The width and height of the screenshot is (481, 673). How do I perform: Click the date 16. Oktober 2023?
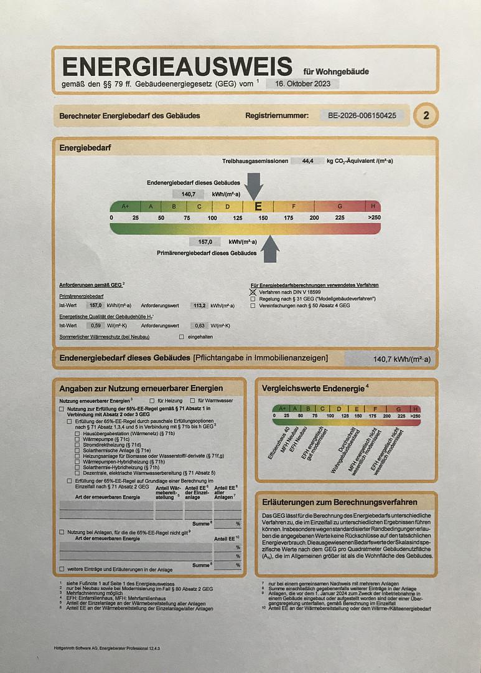coord(302,84)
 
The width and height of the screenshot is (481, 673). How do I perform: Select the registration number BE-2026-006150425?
coord(362,115)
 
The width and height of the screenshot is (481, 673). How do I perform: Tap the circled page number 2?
coord(426,115)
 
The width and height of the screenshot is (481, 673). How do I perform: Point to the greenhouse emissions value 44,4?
coord(307,161)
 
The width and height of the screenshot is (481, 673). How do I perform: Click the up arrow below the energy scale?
coord(270,249)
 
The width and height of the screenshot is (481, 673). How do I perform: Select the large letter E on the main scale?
coord(258,206)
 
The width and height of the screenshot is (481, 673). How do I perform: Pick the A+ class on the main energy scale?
coord(125,206)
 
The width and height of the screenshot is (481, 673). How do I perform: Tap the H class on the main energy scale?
coord(373,206)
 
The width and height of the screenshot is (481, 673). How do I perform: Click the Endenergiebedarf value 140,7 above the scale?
coord(188,194)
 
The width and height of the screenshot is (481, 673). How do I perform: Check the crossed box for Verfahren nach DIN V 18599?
coord(253,292)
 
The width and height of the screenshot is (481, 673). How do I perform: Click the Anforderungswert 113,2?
coord(200,306)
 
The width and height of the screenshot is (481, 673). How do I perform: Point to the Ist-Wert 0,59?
coord(96,325)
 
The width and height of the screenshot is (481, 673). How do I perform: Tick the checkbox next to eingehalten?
coord(182,336)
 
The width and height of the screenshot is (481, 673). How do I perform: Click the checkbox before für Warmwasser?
coord(192,400)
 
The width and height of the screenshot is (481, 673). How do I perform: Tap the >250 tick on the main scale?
coord(374,217)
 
